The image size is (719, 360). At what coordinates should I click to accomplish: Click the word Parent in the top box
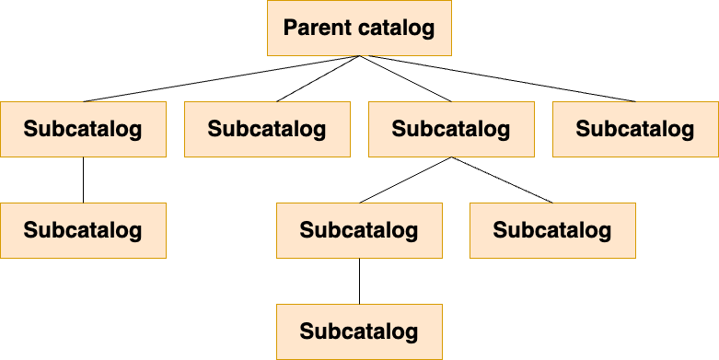(x=319, y=28)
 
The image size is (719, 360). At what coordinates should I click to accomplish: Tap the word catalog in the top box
(x=397, y=28)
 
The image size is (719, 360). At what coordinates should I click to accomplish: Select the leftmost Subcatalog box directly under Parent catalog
(x=83, y=129)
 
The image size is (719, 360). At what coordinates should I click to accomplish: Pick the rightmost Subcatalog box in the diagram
(x=635, y=129)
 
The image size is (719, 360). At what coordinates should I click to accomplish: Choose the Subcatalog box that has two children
(x=451, y=129)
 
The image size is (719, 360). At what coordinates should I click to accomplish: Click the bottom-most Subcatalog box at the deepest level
(x=359, y=331)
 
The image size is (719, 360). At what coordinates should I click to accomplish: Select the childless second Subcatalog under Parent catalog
(x=267, y=129)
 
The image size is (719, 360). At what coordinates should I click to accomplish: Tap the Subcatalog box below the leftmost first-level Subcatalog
(x=83, y=230)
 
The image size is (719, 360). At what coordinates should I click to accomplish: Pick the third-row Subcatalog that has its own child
(x=359, y=230)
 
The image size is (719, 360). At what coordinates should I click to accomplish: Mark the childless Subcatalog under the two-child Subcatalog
(x=552, y=230)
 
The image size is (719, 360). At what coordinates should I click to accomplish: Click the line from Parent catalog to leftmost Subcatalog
(x=222, y=78)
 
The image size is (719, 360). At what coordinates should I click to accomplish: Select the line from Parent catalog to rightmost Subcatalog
(x=497, y=78)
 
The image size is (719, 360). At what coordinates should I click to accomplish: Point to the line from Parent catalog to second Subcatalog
(x=319, y=78)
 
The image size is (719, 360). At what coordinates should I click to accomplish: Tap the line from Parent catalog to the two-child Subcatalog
(x=405, y=78)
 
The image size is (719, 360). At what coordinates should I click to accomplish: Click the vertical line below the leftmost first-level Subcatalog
(x=83, y=180)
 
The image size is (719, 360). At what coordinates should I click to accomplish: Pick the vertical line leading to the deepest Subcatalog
(x=359, y=281)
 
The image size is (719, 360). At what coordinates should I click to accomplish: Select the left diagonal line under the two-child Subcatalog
(x=405, y=180)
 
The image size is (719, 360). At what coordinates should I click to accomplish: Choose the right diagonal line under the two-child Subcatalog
(x=502, y=180)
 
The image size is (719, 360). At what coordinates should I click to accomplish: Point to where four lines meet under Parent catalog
(x=359, y=56)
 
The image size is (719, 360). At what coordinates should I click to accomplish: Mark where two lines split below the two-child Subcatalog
(x=451, y=157)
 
